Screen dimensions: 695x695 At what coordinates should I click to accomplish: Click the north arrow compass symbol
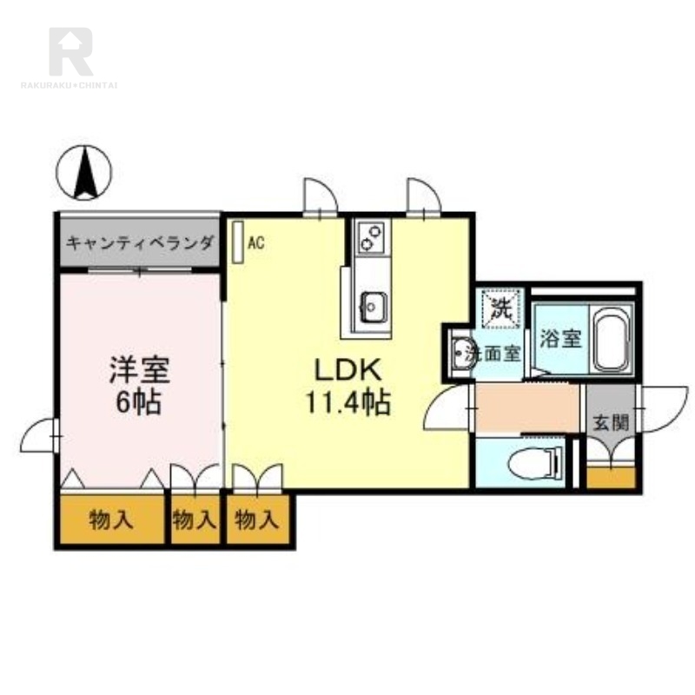(x=84, y=172)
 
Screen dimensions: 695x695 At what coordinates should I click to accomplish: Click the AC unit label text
(x=255, y=243)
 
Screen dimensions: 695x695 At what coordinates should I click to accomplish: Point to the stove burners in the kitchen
(x=373, y=237)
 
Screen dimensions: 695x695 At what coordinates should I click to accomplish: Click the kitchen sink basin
(x=374, y=306)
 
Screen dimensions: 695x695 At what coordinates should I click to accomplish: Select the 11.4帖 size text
(x=347, y=403)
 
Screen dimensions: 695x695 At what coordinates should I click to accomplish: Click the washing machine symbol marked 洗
(x=500, y=307)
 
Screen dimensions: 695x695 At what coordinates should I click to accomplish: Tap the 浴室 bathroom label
(x=560, y=338)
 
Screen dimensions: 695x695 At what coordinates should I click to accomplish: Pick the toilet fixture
(x=533, y=462)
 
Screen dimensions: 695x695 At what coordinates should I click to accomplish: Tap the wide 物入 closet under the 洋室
(x=111, y=520)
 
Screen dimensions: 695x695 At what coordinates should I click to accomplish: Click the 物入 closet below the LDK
(x=257, y=520)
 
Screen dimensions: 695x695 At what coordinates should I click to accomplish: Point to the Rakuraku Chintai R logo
(x=69, y=52)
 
